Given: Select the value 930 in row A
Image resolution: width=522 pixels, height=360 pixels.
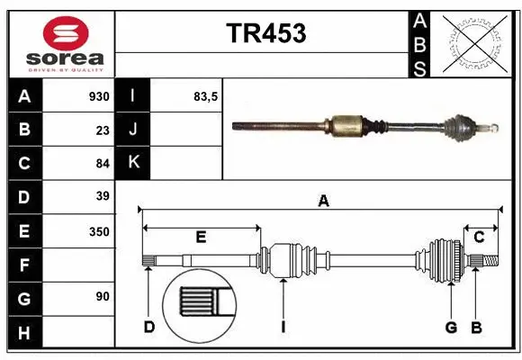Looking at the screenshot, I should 99,96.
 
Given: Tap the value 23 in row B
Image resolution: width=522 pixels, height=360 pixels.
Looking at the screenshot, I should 102,130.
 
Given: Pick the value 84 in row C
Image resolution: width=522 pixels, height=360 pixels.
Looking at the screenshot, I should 102,163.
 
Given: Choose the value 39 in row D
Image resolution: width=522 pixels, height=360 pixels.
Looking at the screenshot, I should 102,196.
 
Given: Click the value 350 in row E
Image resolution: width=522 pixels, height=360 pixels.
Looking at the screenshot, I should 99,231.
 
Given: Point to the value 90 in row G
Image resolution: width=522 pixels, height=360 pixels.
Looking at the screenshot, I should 102,296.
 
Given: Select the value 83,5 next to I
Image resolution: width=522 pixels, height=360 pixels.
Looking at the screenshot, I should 206,96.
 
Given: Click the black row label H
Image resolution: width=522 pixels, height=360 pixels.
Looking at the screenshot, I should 23,333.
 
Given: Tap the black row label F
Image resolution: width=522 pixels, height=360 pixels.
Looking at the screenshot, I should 23,265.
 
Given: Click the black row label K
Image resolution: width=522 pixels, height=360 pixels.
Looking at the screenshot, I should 133,163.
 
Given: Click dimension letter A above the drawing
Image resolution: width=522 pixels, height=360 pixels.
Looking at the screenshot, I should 323,202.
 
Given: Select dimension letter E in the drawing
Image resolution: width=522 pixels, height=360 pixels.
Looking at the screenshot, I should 201,238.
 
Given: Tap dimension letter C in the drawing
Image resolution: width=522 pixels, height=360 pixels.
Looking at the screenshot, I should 480,238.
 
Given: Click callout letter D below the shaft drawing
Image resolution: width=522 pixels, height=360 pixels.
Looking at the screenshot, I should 148,327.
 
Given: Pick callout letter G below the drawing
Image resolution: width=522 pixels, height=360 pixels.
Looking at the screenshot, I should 451,327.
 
